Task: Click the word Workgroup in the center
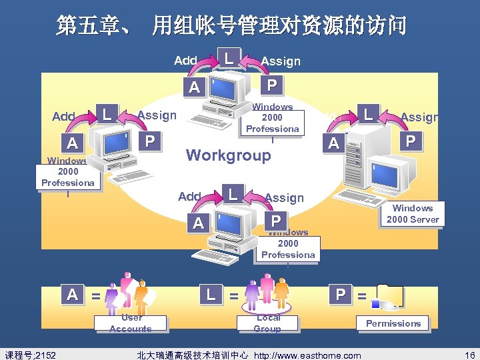[229, 155]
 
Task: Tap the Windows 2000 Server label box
[413, 214]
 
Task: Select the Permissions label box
[393, 323]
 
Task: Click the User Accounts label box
[131, 323]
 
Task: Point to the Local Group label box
[268, 323]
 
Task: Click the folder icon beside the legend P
[389, 296]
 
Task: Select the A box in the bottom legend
[72, 294]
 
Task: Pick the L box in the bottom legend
[211, 294]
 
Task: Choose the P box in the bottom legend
[341, 294]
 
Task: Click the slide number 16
[470, 355]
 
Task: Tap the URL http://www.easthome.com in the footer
[311, 355]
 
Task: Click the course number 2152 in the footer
[31, 355]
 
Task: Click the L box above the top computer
[229, 57]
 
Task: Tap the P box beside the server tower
[411, 141]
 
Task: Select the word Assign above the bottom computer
[284, 197]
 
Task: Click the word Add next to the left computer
[63, 117]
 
